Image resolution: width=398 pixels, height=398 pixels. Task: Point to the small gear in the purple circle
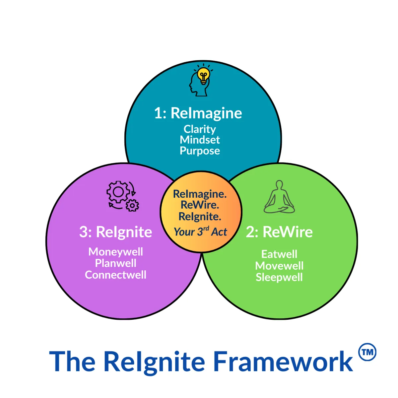pos(133,206)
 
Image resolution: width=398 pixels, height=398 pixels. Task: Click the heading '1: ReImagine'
pos(198,113)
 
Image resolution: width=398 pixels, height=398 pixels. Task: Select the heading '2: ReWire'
pos(279,232)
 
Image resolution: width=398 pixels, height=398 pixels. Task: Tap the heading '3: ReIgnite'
pos(115,232)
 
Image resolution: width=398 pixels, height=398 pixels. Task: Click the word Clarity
pos(200,129)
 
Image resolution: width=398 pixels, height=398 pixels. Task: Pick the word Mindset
pos(200,140)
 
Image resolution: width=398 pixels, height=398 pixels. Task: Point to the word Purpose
pos(200,151)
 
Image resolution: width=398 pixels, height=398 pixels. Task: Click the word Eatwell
pos(279,254)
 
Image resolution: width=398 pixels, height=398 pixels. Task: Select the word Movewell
pos(279,266)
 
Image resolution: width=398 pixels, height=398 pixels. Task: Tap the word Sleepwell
pos(279,277)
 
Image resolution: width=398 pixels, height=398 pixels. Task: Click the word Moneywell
pos(115,252)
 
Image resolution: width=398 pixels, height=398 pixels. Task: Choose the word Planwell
pos(115,263)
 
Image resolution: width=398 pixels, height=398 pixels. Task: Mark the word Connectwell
pos(115,275)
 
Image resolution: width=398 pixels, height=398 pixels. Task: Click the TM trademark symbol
pos(367,352)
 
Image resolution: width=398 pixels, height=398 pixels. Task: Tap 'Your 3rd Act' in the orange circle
pos(200,232)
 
